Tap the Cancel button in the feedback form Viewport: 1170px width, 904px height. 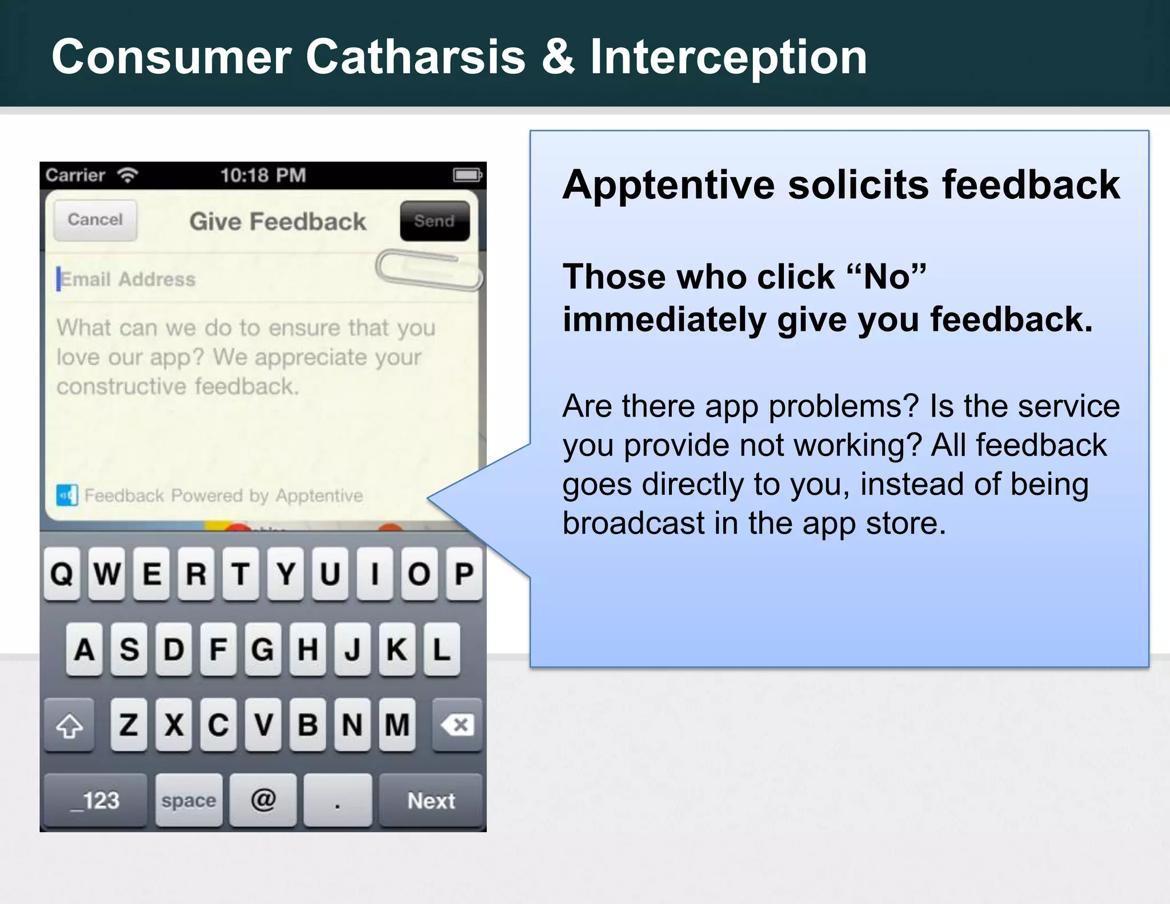coord(95,220)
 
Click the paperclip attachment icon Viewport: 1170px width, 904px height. coord(428,270)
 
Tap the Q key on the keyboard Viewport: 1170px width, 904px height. coord(62,574)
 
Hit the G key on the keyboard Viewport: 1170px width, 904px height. coord(263,650)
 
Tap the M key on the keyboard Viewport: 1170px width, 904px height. coord(397,725)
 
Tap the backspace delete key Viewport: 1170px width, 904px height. coord(457,725)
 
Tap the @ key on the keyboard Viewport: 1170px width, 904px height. coord(263,799)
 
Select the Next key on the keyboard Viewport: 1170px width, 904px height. coord(431,801)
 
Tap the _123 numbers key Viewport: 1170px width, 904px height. coord(95,801)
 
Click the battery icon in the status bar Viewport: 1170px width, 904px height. coord(467,175)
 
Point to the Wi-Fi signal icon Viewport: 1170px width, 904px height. coord(128,175)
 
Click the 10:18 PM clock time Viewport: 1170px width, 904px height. coord(263,175)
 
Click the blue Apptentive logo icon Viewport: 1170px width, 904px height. coord(67,495)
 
